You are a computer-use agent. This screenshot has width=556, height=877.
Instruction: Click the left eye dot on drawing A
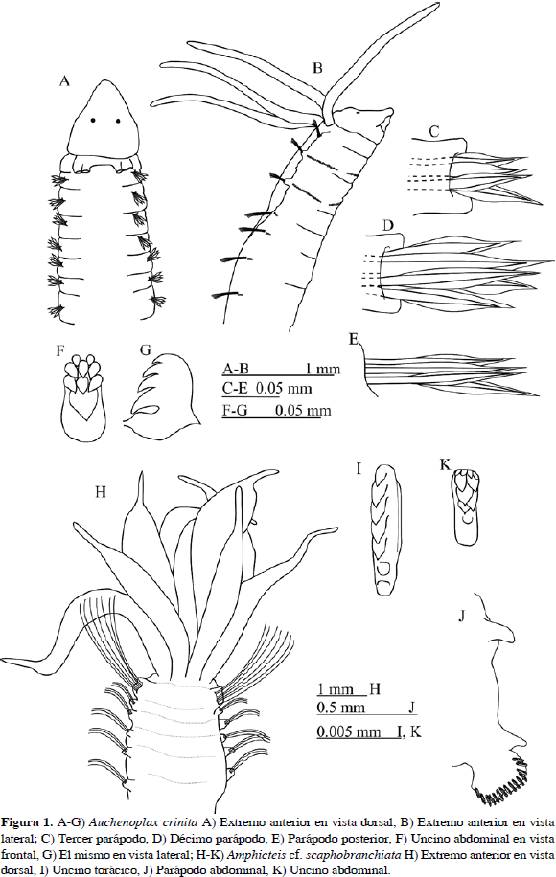click(x=93, y=120)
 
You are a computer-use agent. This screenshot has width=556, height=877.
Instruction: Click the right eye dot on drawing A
click(x=118, y=121)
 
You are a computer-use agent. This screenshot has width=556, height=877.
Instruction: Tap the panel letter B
click(x=317, y=68)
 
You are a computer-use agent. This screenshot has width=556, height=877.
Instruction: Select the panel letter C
click(x=434, y=132)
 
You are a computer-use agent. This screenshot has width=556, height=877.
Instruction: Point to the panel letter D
click(x=387, y=225)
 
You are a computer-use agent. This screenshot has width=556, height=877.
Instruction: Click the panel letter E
click(x=354, y=339)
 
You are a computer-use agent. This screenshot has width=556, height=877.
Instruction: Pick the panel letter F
click(x=61, y=350)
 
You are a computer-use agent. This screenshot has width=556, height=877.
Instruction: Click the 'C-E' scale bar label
click(x=236, y=388)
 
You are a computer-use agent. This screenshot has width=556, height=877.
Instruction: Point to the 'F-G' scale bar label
click(x=235, y=411)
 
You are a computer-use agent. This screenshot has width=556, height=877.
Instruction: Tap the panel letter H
click(x=101, y=491)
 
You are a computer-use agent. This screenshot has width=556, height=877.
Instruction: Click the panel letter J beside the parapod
click(x=462, y=616)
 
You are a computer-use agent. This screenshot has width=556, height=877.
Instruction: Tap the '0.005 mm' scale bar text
click(x=349, y=731)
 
